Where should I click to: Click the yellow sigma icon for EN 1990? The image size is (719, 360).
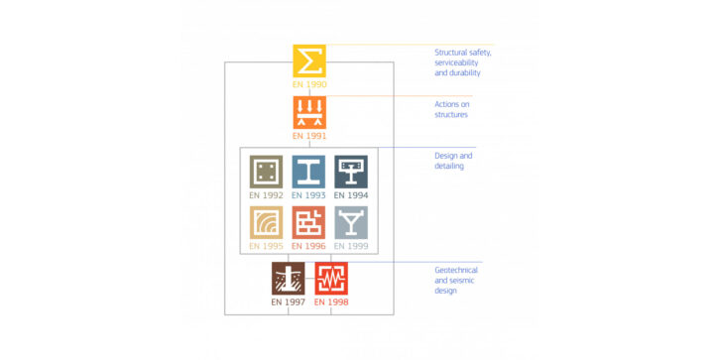(309, 60)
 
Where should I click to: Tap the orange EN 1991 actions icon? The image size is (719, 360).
(309, 112)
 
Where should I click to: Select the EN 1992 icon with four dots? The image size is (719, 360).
(266, 172)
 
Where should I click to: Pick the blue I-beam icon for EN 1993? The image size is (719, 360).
(308, 172)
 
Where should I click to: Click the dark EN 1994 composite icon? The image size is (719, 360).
(350, 172)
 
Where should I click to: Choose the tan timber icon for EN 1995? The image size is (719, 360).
(266, 222)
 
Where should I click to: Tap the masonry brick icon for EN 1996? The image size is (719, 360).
(308, 222)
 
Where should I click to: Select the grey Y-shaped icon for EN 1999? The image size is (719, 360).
(350, 222)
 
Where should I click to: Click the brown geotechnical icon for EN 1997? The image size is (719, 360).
(289, 279)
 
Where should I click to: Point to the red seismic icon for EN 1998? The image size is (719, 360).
(331, 279)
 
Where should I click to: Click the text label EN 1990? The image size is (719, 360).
(309, 84)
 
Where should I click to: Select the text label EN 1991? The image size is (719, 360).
(309, 136)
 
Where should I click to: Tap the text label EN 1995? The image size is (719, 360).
(266, 245)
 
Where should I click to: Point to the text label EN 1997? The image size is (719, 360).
(289, 301)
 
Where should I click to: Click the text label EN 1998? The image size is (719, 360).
(331, 301)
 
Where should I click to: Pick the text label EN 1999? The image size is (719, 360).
(350, 245)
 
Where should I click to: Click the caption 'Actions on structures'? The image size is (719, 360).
(451, 109)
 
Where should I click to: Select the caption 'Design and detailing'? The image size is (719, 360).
(453, 161)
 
